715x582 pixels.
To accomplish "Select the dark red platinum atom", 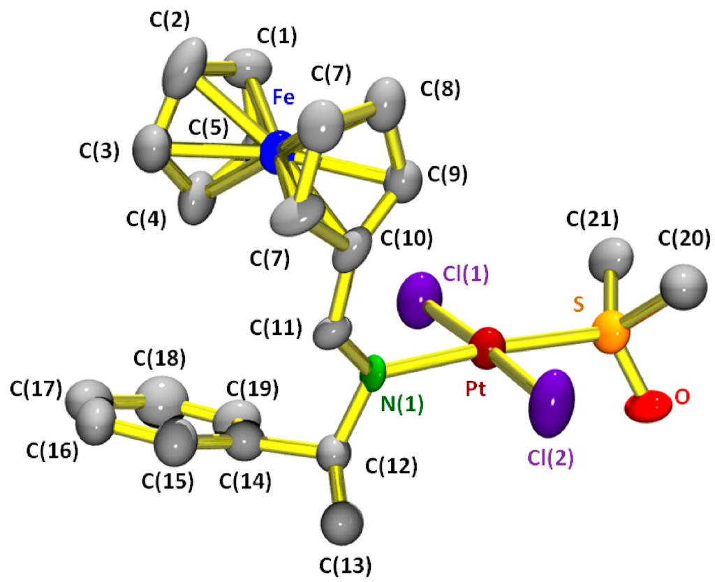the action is point(487,345).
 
